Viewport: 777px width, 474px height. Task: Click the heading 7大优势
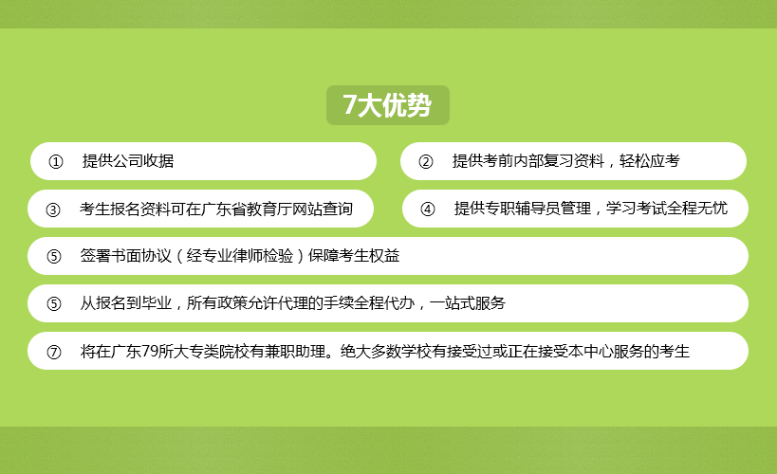(x=387, y=105)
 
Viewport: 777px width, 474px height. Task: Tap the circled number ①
(x=55, y=161)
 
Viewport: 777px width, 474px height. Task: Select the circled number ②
(x=426, y=161)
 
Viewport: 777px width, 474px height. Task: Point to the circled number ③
(x=53, y=210)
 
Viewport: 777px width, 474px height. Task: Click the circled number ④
(x=428, y=209)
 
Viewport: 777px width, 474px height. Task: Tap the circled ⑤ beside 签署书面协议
(x=53, y=256)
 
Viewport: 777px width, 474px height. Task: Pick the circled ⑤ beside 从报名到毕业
(x=53, y=303)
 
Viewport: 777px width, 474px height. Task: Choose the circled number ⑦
(x=53, y=352)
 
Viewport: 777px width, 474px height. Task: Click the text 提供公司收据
(x=128, y=161)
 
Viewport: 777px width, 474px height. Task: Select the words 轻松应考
(x=649, y=161)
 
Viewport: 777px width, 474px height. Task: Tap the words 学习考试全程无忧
(x=667, y=208)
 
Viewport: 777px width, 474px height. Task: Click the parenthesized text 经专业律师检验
(x=240, y=256)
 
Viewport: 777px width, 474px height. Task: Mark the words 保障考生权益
(x=354, y=256)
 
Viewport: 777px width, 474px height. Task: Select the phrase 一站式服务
(x=468, y=302)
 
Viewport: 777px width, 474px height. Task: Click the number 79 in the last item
(x=150, y=351)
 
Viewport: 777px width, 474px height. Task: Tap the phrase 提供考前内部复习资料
(x=528, y=161)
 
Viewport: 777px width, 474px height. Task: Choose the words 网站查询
(x=323, y=209)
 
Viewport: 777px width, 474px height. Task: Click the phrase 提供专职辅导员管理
(x=523, y=208)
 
